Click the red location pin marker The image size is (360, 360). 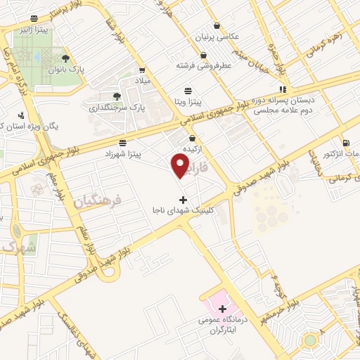(181, 166)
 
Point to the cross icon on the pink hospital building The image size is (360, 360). (223, 309)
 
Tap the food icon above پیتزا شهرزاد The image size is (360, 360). (123, 143)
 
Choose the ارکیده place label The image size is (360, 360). (193, 150)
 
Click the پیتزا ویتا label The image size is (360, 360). (188, 102)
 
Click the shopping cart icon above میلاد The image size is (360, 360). (143, 70)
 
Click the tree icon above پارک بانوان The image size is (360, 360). (65, 58)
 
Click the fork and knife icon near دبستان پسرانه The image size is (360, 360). (282, 89)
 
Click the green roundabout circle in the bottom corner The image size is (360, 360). (309, 341)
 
